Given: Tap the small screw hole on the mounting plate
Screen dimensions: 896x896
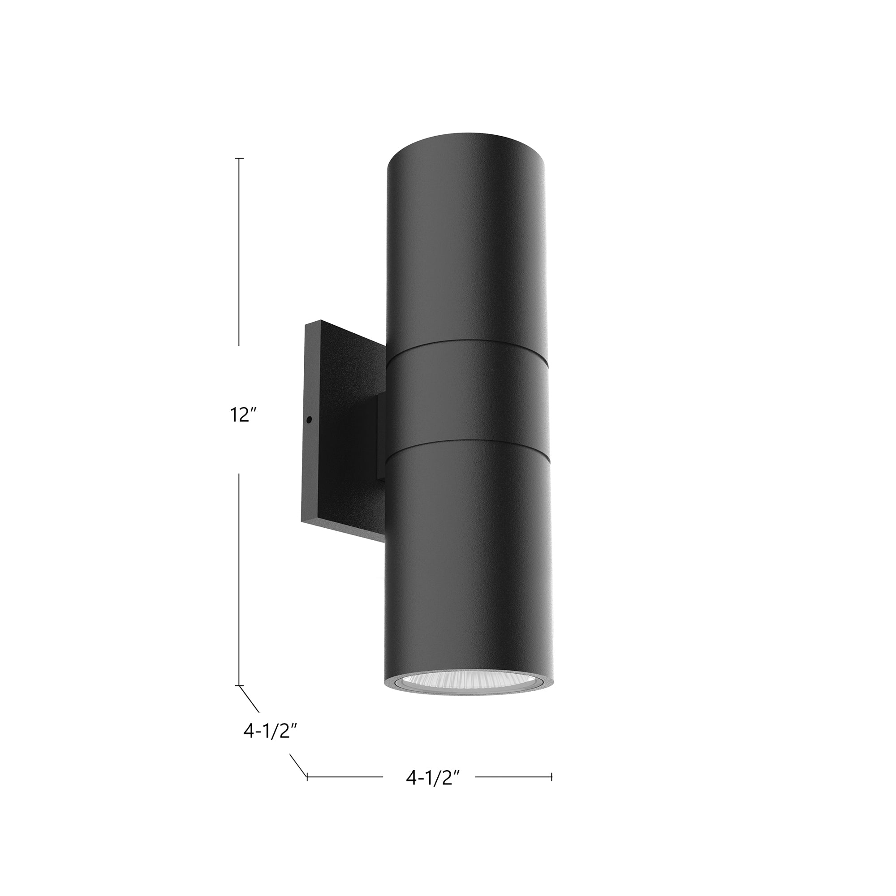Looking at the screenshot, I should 309,420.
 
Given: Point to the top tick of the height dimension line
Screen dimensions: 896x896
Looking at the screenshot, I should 239,159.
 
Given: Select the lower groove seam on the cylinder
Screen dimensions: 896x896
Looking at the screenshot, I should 467,442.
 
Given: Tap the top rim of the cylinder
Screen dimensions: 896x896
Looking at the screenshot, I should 467,137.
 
